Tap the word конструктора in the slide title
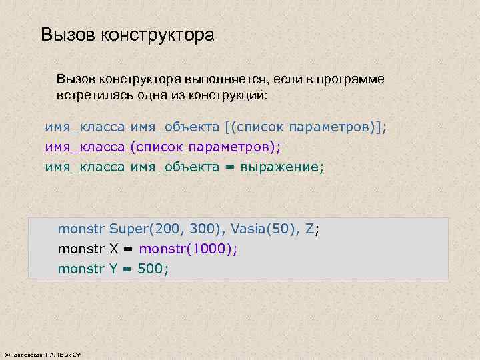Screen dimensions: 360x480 (158, 35)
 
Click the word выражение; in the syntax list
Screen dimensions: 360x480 (284, 167)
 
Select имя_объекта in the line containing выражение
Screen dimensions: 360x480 (175, 167)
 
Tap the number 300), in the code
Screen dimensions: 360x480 (208, 229)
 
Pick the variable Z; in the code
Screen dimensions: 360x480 (312, 229)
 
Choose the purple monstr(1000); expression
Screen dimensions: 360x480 (188, 249)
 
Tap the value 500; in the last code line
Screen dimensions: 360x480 (153, 269)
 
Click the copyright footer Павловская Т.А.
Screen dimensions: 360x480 (41, 354)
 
